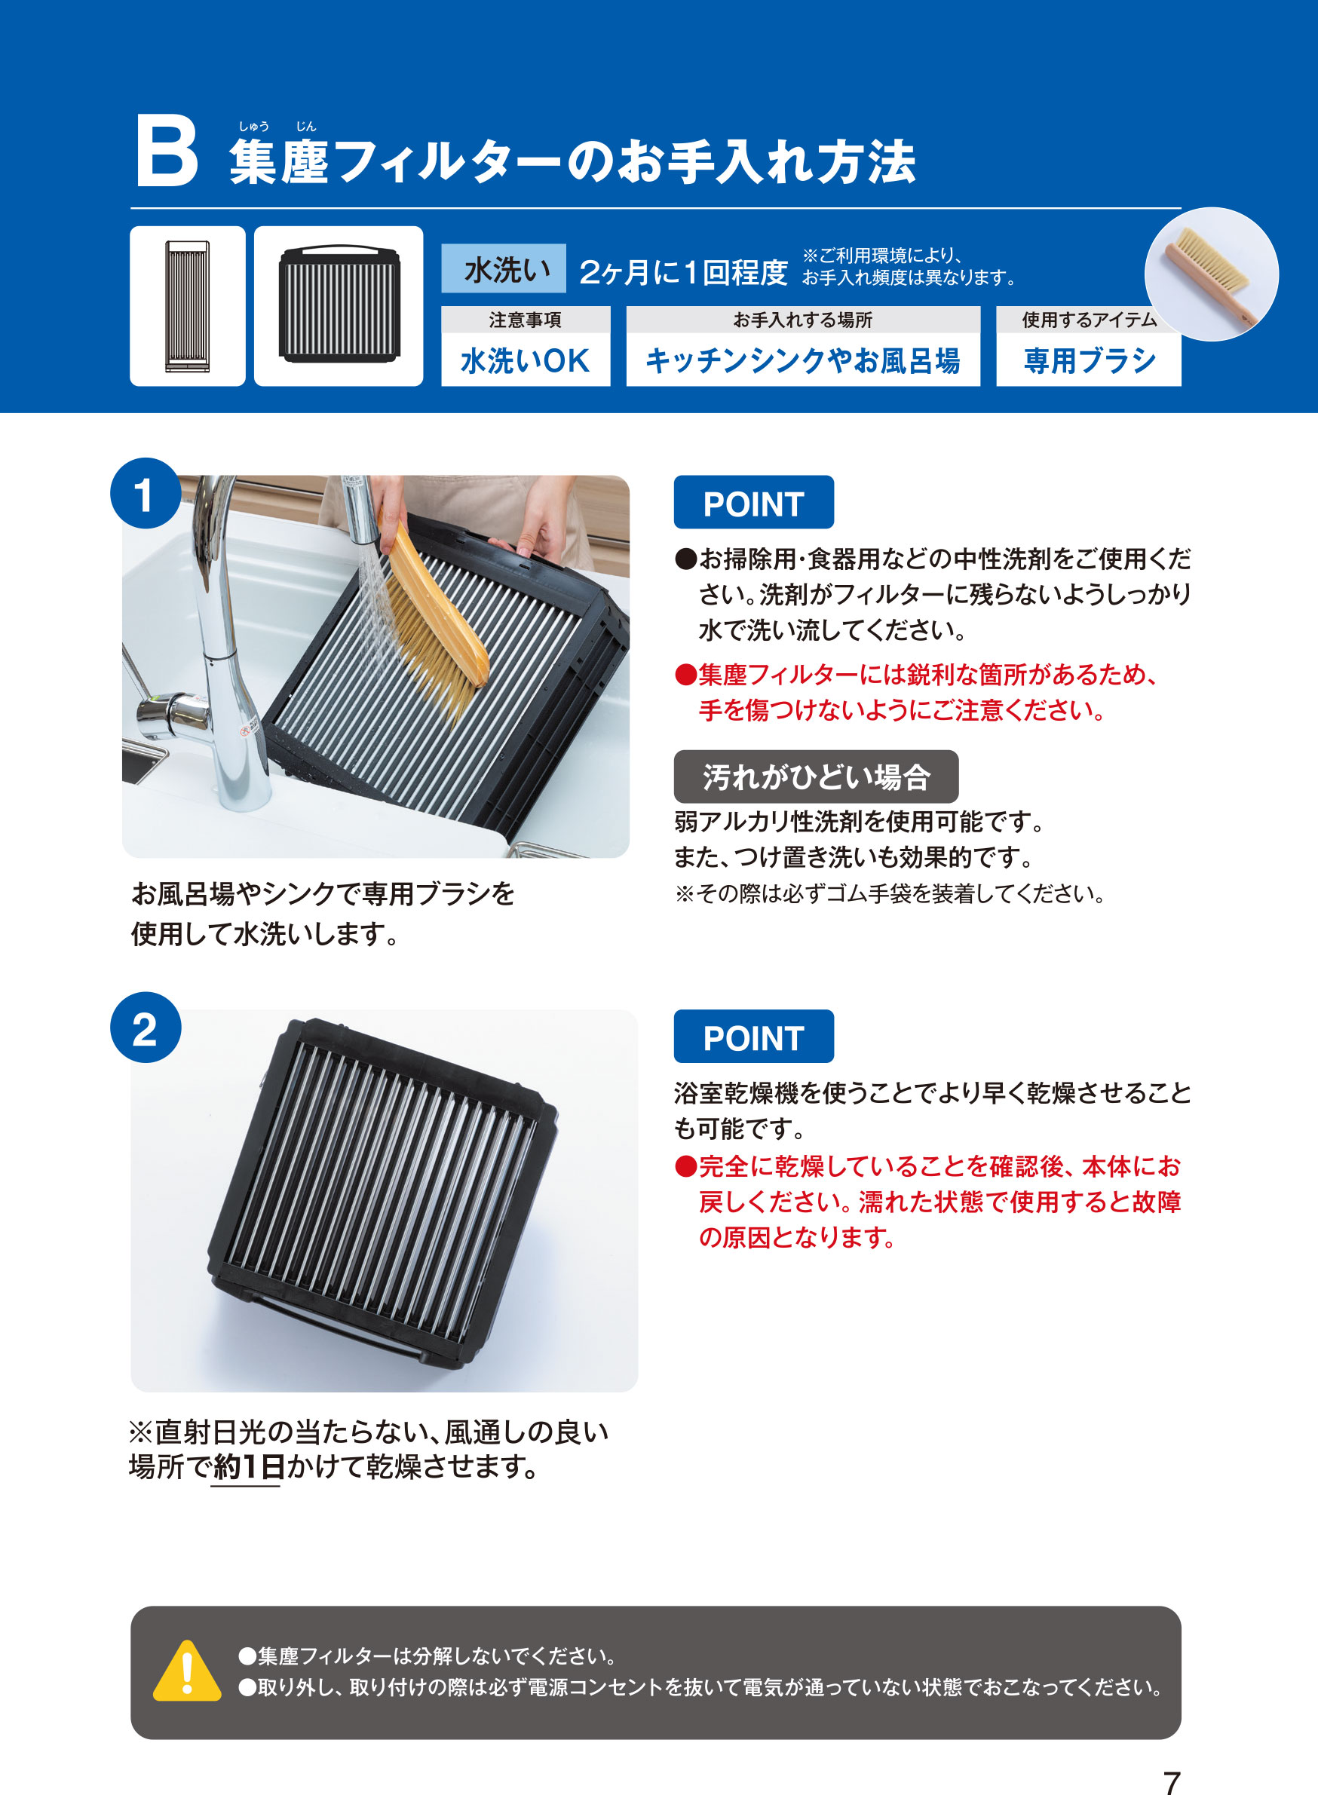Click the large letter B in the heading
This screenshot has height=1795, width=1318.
click(166, 152)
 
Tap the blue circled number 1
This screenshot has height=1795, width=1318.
click(145, 494)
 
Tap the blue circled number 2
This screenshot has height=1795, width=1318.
click(145, 1028)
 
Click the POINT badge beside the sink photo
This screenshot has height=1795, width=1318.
click(753, 503)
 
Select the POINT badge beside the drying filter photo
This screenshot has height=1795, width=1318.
click(753, 1037)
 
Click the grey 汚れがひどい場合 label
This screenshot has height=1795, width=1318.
click(815, 777)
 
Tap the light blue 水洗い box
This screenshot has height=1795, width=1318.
click(504, 269)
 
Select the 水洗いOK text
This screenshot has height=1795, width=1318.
click(525, 360)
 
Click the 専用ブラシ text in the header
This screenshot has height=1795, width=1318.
click(1088, 360)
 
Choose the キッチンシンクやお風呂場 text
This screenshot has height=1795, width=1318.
click(802, 360)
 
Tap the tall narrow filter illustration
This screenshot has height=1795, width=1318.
click(188, 306)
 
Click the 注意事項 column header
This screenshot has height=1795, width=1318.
click(525, 320)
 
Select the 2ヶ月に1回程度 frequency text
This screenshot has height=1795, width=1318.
click(683, 272)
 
